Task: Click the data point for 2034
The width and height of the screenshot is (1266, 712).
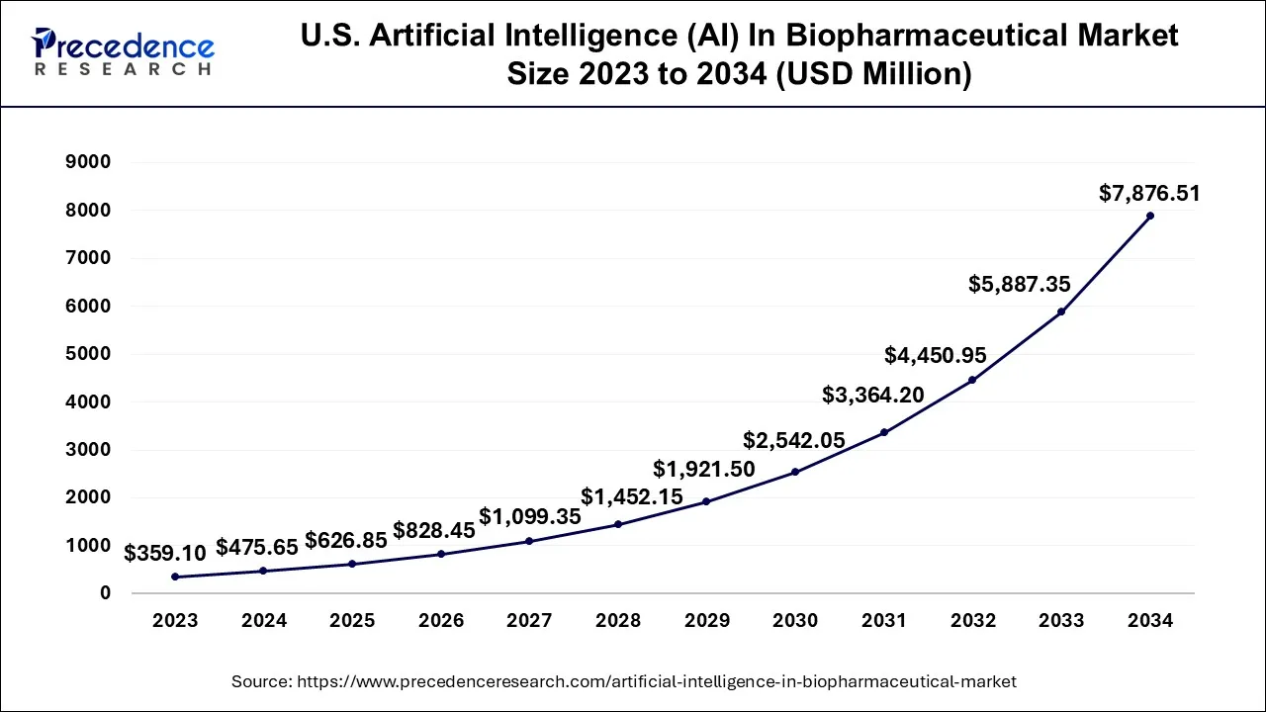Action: [x=1150, y=216]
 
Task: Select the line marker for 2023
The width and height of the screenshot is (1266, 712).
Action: [x=175, y=577]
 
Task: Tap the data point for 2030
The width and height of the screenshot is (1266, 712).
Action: [x=795, y=472]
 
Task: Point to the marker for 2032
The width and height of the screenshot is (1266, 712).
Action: [x=972, y=380]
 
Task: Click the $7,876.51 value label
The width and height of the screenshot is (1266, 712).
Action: [x=1149, y=194]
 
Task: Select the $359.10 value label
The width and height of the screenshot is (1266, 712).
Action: [x=165, y=555]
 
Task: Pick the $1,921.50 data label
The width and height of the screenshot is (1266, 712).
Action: [x=704, y=470]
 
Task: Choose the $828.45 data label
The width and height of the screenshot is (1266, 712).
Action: [x=434, y=531]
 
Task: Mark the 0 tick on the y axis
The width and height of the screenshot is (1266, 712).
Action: [x=105, y=593]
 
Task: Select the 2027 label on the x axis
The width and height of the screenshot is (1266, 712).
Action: [x=529, y=621]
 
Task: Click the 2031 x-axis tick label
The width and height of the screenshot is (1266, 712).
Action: [x=883, y=621]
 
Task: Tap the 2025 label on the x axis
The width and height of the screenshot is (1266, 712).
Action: [x=352, y=621]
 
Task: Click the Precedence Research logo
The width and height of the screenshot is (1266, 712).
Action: [x=124, y=52]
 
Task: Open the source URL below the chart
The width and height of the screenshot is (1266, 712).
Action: [x=624, y=681]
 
